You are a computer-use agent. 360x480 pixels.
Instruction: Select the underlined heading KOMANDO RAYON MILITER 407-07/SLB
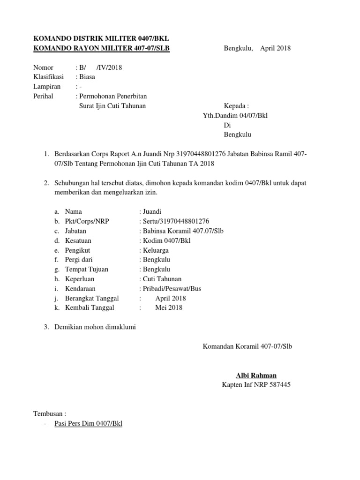101,48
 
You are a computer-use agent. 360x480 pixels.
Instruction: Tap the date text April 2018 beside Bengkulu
275,48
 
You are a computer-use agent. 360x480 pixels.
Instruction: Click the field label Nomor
44,67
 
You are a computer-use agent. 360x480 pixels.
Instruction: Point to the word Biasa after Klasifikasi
87,77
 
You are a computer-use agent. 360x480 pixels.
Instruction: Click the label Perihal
44,96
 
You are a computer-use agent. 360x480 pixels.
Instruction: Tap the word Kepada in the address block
236,106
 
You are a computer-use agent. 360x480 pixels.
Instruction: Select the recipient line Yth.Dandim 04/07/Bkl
234,115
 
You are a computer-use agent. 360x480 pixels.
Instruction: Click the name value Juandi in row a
152,211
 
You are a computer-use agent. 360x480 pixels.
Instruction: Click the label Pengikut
79,250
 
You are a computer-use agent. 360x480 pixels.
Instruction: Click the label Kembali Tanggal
90,308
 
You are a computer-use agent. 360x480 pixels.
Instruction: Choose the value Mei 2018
169,308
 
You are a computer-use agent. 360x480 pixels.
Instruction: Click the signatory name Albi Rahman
256,375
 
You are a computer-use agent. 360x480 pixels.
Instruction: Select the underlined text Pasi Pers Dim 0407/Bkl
88,424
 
